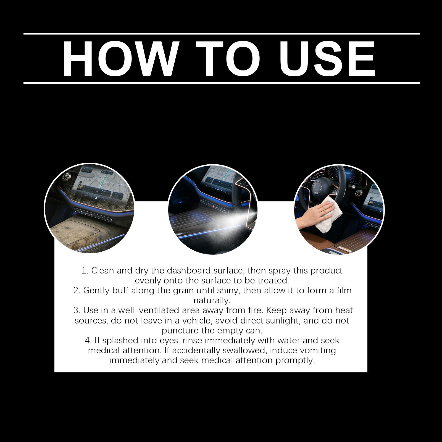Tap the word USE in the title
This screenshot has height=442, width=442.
pyautogui.click(x=327, y=59)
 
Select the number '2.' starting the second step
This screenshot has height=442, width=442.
pyautogui.click(x=77, y=291)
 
